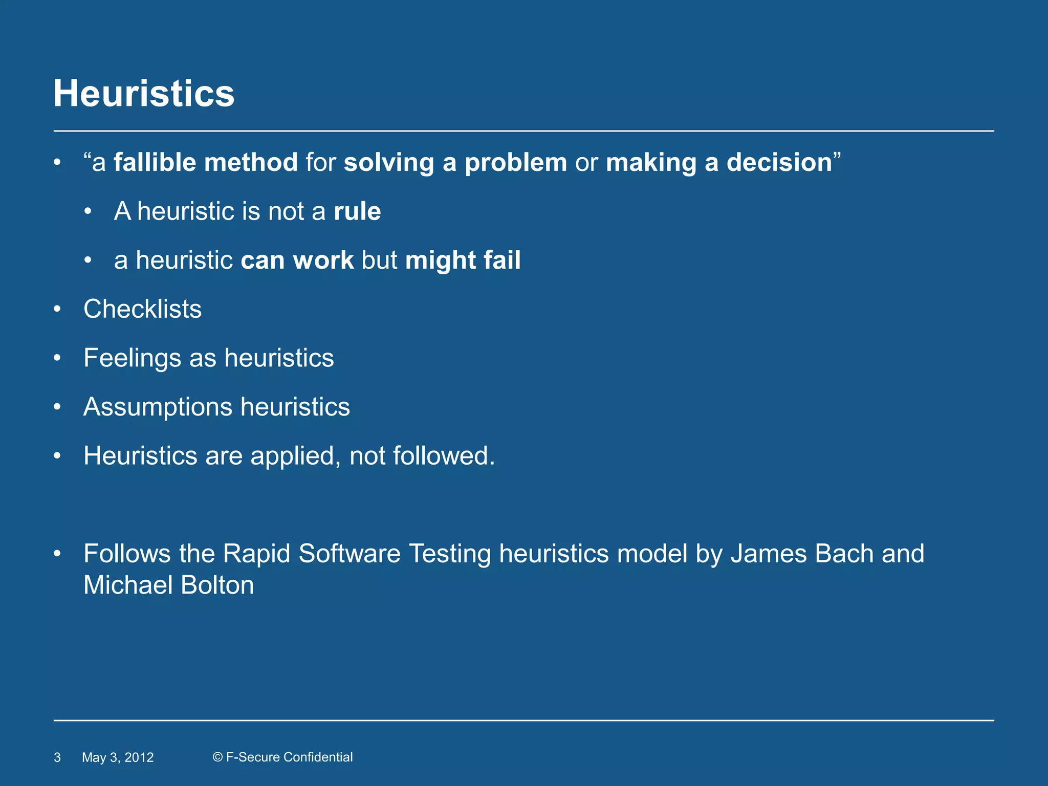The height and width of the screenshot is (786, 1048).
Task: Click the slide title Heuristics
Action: click(x=144, y=94)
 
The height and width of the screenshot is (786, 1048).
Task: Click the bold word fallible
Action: click(x=153, y=162)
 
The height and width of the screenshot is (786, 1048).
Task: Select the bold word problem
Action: click(x=515, y=162)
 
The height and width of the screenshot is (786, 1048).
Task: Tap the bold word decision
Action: click(x=779, y=162)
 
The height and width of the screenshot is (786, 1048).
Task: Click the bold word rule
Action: click(x=357, y=211)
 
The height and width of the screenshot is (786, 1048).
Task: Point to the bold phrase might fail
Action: click(x=463, y=260)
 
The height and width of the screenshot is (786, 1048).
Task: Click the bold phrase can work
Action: click(x=297, y=260)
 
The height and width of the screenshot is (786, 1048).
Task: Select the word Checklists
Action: click(x=142, y=309)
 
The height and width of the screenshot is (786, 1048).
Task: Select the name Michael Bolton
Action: click(x=168, y=585)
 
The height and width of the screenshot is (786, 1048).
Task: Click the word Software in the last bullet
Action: click(x=349, y=554)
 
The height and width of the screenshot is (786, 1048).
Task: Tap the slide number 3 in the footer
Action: click(x=57, y=757)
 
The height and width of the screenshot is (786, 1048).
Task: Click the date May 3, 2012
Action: click(x=118, y=757)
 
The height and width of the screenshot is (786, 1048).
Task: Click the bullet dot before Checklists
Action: click(x=57, y=309)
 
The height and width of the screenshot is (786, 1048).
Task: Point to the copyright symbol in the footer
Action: click(x=217, y=757)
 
